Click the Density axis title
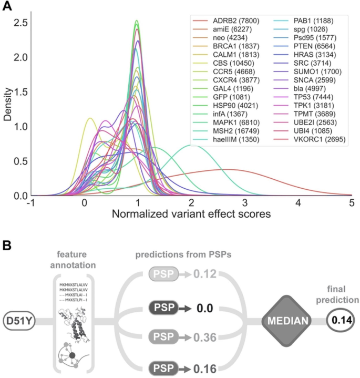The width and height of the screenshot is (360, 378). click(x=7, y=108)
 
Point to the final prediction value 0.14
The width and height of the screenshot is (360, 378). click(x=340, y=319)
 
